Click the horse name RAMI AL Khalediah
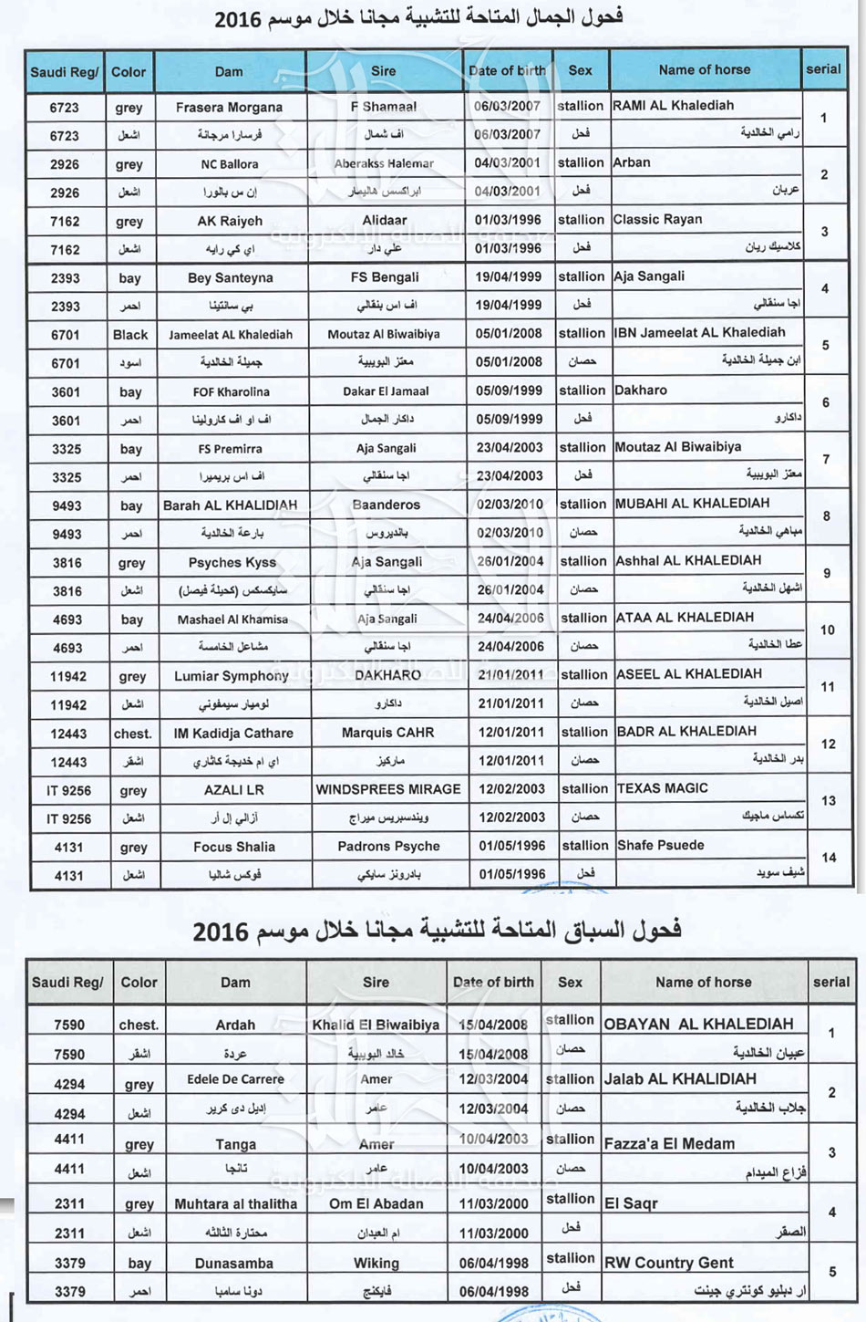click(x=673, y=106)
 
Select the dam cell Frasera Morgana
click(x=229, y=108)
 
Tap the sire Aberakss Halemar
click(x=384, y=164)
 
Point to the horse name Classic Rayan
click(x=657, y=220)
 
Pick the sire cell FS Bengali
click(x=385, y=277)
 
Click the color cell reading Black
click(x=130, y=335)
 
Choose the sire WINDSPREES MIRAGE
click(x=388, y=789)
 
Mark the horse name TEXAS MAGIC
click(x=662, y=788)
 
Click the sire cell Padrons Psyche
click(x=388, y=847)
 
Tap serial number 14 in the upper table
click(x=829, y=858)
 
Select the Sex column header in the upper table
click(x=580, y=70)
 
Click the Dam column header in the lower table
click(x=235, y=983)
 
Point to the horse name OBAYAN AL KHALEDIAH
click(x=698, y=1024)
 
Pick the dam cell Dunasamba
click(x=234, y=1264)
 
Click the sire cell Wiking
click(x=376, y=1264)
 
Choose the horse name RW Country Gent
click(x=668, y=1264)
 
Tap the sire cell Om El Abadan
click(x=376, y=1203)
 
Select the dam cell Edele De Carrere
click(x=235, y=1079)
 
